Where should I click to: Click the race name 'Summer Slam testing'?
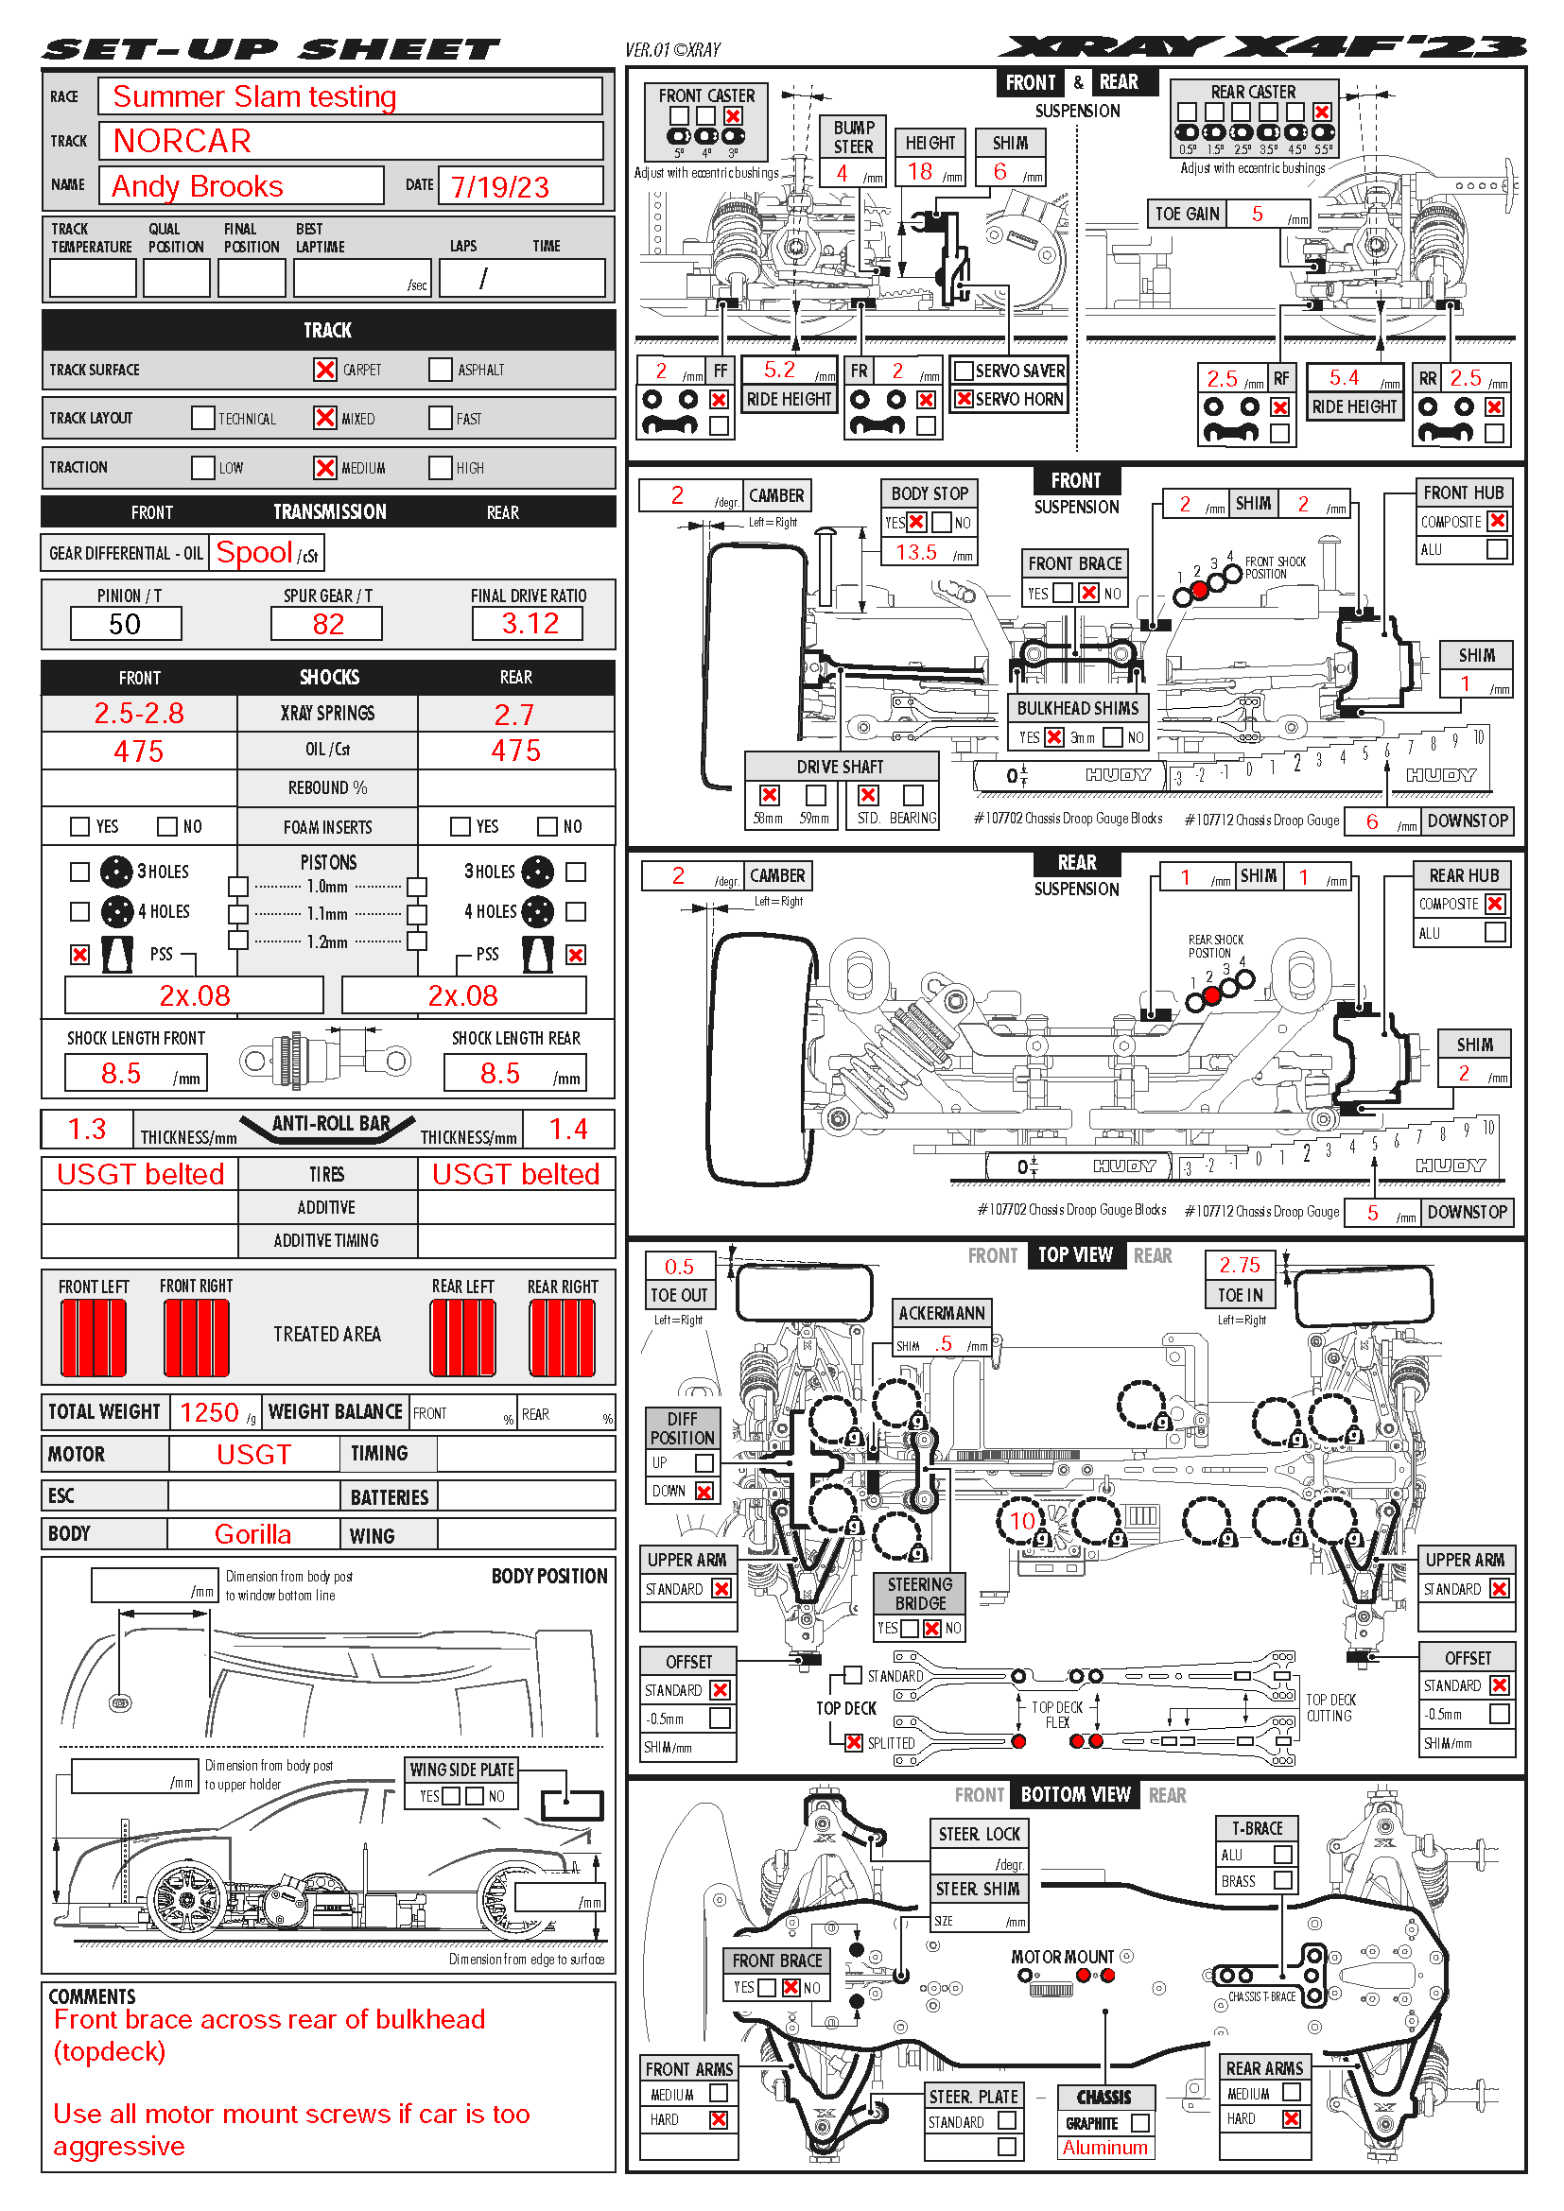tap(254, 97)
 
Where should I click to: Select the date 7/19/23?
tap(499, 187)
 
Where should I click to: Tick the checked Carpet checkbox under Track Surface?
tap(325, 370)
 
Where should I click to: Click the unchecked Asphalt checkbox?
tap(440, 370)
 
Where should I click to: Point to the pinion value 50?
tap(125, 624)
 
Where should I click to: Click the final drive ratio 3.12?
tap(529, 624)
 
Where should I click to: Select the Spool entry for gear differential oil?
tap(254, 553)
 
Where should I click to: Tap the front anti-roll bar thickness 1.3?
tap(87, 1129)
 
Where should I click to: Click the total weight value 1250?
tap(209, 1412)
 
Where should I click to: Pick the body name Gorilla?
tap(252, 1534)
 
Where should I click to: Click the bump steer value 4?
tap(842, 173)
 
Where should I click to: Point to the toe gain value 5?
tap(1257, 214)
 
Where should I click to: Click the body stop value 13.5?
tap(916, 552)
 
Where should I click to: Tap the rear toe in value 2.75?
tap(1240, 1265)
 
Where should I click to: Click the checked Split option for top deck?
tap(853, 1742)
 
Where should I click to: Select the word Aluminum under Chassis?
tap(1104, 2148)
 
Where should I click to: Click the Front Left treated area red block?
tap(94, 1338)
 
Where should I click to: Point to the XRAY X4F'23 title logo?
tap(1261, 47)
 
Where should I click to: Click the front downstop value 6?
tap(1371, 821)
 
